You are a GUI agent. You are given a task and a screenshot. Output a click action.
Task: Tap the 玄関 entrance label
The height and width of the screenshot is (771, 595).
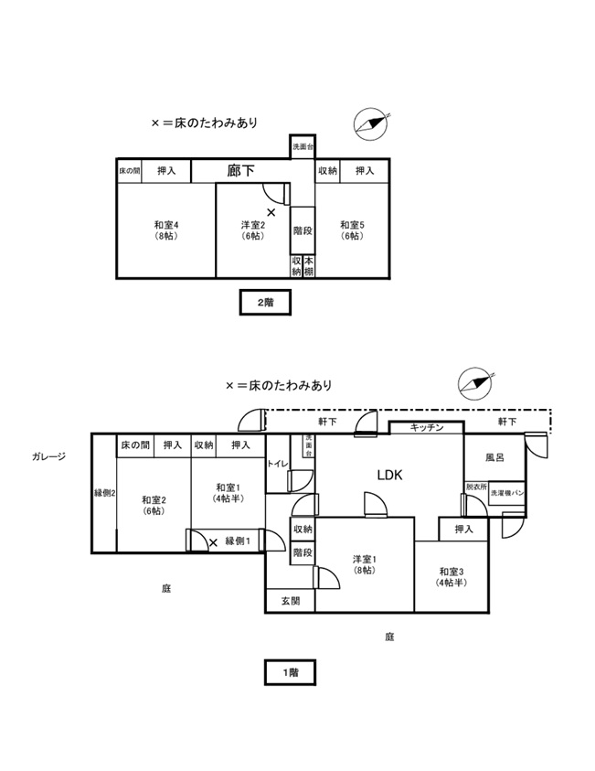pos(290,601)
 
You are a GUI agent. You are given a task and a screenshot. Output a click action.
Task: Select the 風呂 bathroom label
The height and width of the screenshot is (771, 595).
pos(494,455)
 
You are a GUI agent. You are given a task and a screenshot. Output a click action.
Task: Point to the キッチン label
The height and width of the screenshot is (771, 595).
pos(427,427)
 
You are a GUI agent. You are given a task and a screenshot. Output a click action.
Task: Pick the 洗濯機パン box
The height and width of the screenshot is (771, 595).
pos(505,492)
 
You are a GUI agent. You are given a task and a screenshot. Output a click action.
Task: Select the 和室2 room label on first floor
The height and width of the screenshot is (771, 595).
pos(153,505)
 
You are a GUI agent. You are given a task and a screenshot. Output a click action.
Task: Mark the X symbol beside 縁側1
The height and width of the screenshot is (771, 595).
pos(213,542)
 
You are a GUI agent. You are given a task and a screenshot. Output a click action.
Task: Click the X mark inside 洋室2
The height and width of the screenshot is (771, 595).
pos(271,212)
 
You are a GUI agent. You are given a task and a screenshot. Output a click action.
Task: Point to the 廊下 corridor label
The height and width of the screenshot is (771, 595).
pos(240,170)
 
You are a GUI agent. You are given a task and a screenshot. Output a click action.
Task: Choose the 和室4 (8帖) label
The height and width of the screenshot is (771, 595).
pos(165,230)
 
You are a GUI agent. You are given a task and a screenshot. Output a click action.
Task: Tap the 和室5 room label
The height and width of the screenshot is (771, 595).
pos(352,230)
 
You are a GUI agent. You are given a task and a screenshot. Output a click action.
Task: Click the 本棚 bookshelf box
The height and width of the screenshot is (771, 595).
pos(309,265)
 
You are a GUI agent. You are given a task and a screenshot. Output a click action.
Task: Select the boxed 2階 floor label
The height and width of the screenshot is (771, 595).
pos(265,303)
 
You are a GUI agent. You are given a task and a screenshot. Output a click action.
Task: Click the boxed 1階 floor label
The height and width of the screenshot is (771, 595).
pos(290,672)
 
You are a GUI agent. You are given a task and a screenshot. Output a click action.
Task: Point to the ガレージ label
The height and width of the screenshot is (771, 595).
pos(48,455)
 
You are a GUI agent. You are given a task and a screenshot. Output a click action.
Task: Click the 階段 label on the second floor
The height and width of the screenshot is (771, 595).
pos(303,230)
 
